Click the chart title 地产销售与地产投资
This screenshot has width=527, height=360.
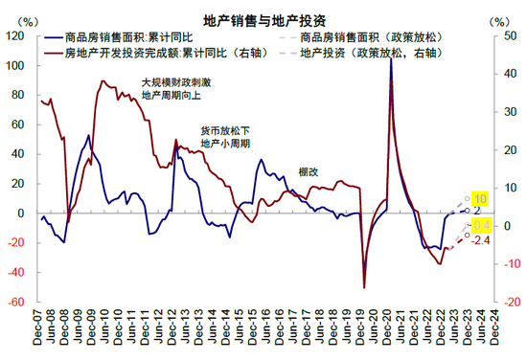pos(263,19)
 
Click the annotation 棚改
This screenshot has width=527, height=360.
pos(308,172)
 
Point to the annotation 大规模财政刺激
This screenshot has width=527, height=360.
pos(176,82)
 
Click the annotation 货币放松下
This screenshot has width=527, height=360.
pos(224,130)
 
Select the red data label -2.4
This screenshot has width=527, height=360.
pos(482,238)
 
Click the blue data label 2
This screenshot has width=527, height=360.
pos(477,211)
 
